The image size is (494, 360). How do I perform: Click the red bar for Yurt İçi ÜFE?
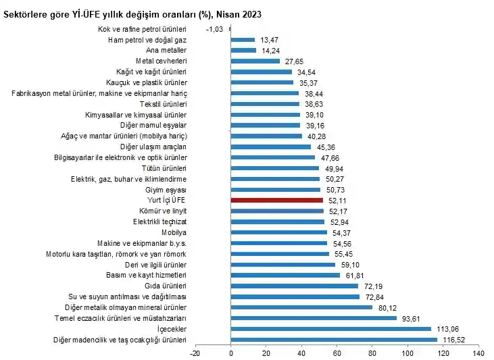click(x=276, y=201)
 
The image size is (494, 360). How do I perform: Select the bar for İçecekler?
click(x=330, y=329)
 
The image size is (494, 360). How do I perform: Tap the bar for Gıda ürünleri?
click(x=295, y=286)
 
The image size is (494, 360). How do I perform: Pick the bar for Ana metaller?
click(x=243, y=50)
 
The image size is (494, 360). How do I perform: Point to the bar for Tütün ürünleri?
click(x=275, y=168)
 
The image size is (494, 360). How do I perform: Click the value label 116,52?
click(x=453, y=340)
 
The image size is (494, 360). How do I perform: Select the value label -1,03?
click(x=214, y=29)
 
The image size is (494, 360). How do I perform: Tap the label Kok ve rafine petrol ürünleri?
click(x=142, y=29)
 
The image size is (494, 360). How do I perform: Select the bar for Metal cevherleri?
click(x=255, y=61)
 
